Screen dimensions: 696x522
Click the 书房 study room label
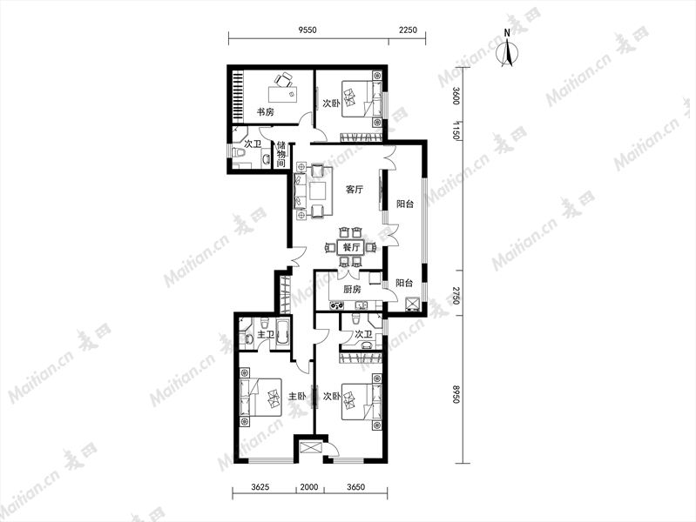[x=266, y=111]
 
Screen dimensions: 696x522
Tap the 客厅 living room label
[x=355, y=190]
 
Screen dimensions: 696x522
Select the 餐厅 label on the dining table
[x=351, y=247]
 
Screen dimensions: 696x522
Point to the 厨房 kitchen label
[x=353, y=290]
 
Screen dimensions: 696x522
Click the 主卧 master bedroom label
[x=297, y=396]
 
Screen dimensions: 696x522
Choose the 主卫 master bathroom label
[x=266, y=334]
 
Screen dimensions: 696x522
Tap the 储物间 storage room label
[x=281, y=154]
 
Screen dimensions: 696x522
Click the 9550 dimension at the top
[x=307, y=30]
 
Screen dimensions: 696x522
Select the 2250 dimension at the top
[x=408, y=30]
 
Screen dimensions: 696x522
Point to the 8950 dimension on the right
[x=456, y=394]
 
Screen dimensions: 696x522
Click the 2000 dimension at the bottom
[x=309, y=487]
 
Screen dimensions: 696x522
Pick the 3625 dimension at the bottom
[x=260, y=487]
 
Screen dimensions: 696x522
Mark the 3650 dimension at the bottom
[x=355, y=487]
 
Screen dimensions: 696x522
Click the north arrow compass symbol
[x=509, y=50]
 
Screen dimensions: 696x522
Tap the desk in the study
[x=283, y=95]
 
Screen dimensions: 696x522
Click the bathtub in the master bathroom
[x=283, y=333]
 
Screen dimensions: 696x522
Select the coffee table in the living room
[x=319, y=191]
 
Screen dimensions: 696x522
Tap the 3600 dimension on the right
[x=456, y=96]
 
